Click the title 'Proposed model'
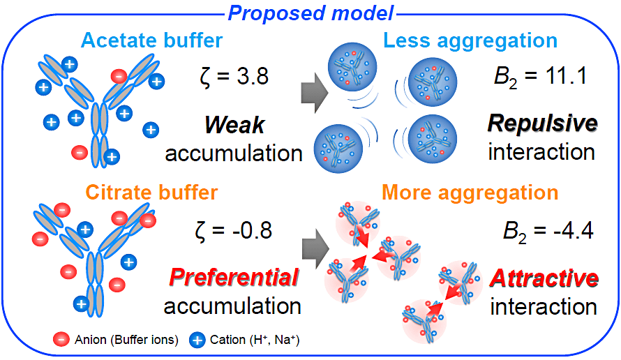tap(311, 13)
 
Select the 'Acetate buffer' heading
tap(151, 40)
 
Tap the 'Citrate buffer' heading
tap(151, 192)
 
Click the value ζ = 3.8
tap(234, 76)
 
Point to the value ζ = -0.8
tap(234, 230)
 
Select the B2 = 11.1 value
tap(541, 76)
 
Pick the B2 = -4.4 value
tap(548, 231)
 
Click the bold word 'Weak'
tap(234, 125)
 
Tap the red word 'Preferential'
tap(234, 277)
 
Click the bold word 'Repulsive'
tap(543, 123)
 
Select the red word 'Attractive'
tap(544, 278)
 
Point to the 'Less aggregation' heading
tap(470, 40)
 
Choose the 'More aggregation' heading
tap(470, 193)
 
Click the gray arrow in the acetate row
tap(315, 93)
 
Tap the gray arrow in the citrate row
tap(315, 248)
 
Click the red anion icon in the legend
tap(61, 339)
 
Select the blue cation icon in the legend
tap(197, 340)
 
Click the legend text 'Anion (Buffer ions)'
tap(127, 340)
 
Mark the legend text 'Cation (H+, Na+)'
tap(255, 340)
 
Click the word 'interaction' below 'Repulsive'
tap(541, 152)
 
